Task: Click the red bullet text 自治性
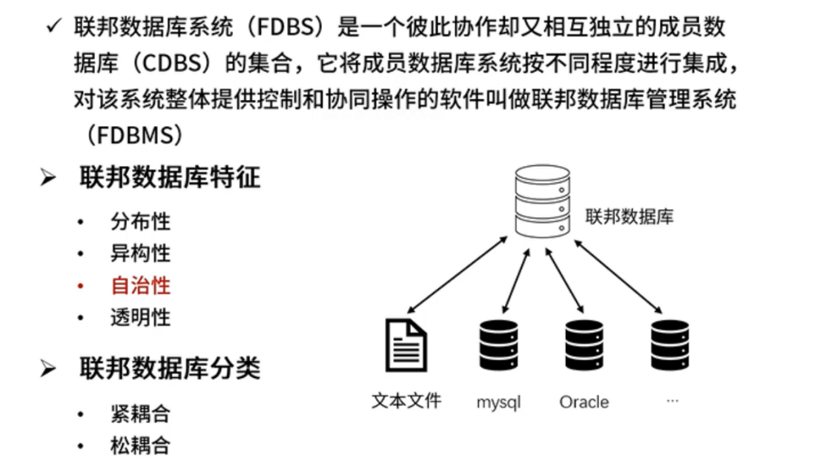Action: pos(141,285)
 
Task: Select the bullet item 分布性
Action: pos(141,221)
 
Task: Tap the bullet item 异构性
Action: pos(141,253)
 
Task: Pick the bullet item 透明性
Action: pos(141,317)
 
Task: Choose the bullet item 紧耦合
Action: pos(141,414)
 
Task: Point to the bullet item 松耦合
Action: pos(141,445)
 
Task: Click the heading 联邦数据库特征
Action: pos(170,178)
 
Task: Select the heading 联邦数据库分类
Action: pos(170,368)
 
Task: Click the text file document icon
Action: pos(406,344)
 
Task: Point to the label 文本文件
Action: pos(406,401)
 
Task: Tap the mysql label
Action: pos(498,402)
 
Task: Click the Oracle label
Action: pos(584,402)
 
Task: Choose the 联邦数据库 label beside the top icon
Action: pos(630,216)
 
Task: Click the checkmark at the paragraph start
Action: pos(53,28)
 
